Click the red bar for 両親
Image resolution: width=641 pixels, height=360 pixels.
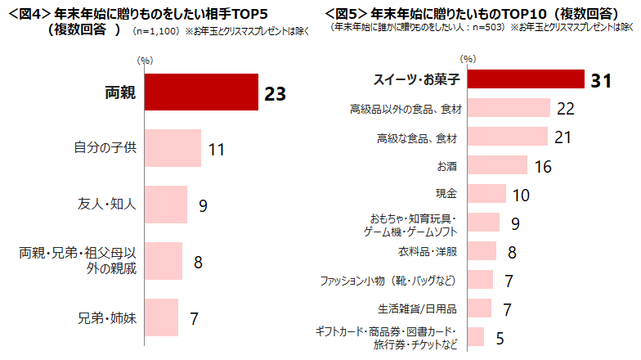pyautogui.click(x=200, y=92)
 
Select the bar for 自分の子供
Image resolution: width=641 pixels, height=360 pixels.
pyautogui.click(x=173, y=149)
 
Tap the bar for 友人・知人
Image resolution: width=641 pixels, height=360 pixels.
pyautogui.click(x=166, y=205)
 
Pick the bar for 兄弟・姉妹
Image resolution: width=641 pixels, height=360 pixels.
pyautogui.click(x=161, y=317)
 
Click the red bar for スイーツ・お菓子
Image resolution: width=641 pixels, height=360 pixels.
pyautogui.click(x=528, y=79)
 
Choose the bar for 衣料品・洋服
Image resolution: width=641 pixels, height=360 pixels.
pyautogui.click(x=483, y=250)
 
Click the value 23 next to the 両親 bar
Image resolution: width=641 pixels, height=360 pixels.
pyautogui.click(x=274, y=93)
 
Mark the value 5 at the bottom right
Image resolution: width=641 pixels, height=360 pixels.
pyautogui.click(x=500, y=336)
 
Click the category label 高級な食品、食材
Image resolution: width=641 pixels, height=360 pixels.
pyautogui.click(x=417, y=137)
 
